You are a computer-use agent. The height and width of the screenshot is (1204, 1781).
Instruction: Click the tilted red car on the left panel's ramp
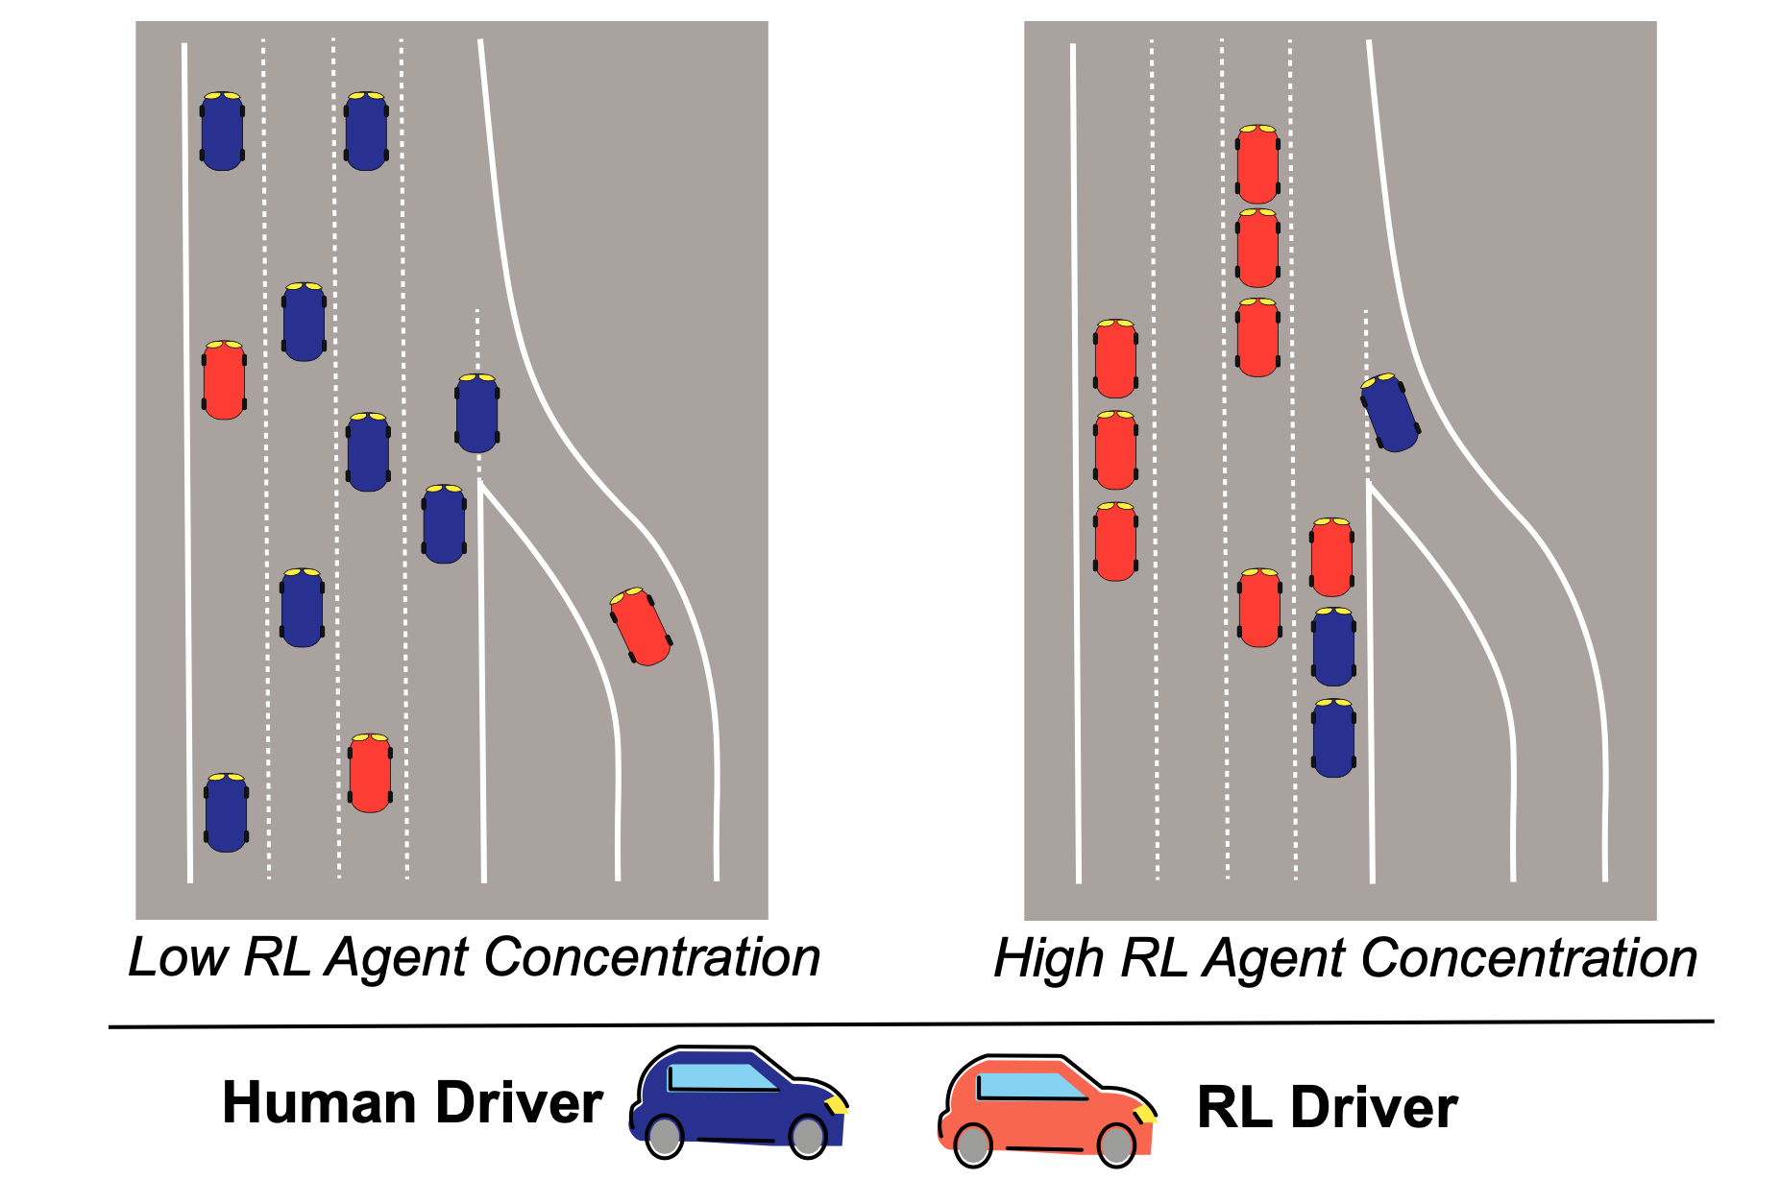641,626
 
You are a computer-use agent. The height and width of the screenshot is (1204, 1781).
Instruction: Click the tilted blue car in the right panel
1389,412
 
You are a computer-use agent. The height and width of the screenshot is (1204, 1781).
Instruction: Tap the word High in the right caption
1049,958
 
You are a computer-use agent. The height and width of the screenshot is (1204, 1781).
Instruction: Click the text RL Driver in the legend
1327,1108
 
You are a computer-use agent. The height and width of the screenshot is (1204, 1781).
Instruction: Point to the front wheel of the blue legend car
808,1136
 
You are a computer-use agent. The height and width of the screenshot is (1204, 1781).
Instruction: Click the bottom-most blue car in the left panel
226,812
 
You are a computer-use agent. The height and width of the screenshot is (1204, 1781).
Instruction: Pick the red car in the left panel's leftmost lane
224,379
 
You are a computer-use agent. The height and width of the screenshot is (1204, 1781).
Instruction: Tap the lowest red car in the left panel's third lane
370,773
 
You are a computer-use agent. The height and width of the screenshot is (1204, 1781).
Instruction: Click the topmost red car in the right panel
1257,163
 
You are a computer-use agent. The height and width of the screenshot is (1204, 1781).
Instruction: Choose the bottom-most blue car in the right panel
1333,737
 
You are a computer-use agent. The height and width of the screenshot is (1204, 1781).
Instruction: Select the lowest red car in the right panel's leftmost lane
1115,542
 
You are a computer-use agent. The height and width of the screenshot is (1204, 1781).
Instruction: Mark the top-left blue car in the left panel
222,132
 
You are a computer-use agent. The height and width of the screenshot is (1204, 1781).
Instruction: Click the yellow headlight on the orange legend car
1143,1114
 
